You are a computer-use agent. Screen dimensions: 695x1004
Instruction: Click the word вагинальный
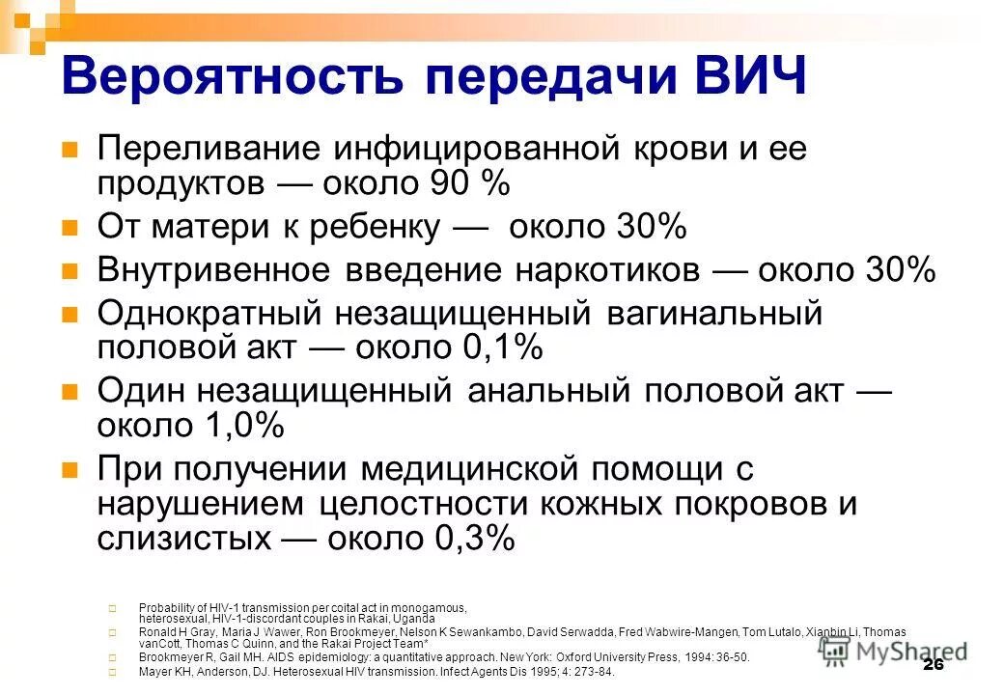click(714, 314)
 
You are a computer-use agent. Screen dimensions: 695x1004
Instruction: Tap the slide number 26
click(932, 665)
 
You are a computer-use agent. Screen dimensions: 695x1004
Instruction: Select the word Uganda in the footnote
click(415, 618)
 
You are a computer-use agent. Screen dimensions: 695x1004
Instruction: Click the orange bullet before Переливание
click(69, 151)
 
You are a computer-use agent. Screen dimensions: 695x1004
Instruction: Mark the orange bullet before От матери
click(69, 229)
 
